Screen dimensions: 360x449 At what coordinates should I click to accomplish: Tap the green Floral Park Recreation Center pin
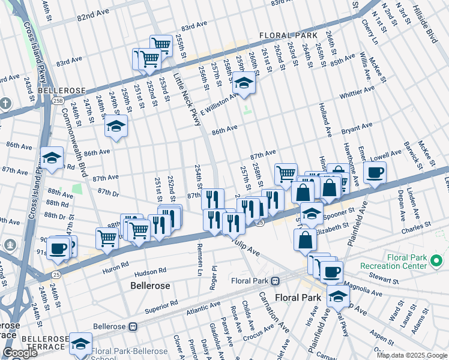pyautogui.click(x=436, y=261)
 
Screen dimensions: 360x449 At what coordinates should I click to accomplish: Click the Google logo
pyautogui.click(x=20, y=353)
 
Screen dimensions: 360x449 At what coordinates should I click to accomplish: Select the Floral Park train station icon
pyautogui.click(x=275, y=280)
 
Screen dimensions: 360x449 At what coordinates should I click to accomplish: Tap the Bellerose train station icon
pyautogui.click(x=133, y=327)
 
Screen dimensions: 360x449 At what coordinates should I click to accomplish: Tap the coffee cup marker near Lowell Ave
pyautogui.click(x=375, y=173)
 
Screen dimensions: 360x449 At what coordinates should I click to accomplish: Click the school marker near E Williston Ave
pyautogui.click(x=244, y=84)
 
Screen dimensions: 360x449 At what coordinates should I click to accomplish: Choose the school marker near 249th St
pyautogui.click(x=116, y=127)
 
